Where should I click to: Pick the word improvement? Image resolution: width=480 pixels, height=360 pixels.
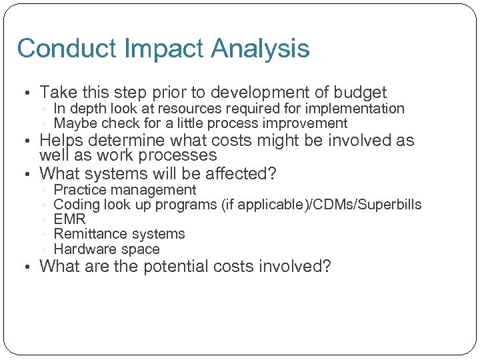(306, 123)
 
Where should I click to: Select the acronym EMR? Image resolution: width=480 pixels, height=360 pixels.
(69, 219)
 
